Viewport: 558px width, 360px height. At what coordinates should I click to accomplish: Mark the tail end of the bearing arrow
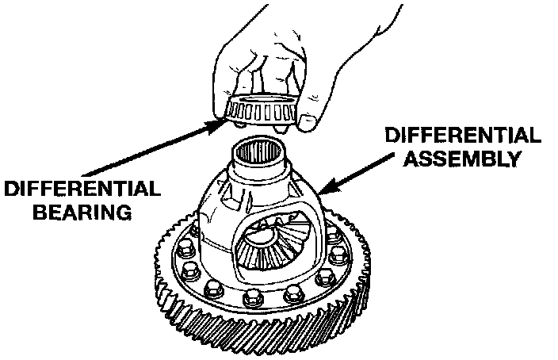(x=84, y=174)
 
